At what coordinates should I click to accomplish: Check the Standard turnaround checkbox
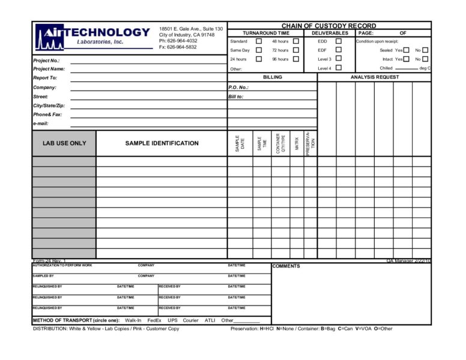(259, 41)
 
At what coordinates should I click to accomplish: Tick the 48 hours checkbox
(296, 41)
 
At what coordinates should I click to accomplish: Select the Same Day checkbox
(259, 50)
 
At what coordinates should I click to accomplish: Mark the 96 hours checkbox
(296, 59)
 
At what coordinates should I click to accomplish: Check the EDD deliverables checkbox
(339, 41)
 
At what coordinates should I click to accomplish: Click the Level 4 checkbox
(339, 68)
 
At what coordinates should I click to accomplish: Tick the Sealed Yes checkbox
(407, 50)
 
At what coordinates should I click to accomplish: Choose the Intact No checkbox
(425, 59)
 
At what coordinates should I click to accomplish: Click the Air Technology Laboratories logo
(92, 35)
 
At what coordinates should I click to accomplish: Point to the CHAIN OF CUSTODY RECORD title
(329, 26)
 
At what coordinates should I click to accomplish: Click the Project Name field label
(49, 69)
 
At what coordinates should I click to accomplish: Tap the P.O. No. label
(238, 88)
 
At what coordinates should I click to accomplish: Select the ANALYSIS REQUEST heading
(374, 77)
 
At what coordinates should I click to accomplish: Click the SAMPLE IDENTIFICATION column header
(162, 143)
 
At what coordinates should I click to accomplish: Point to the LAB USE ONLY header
(64, 143)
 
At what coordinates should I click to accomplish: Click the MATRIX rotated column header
(297, 143)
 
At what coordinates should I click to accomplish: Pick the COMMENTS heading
(286, 266)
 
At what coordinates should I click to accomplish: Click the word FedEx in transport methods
(154, 320)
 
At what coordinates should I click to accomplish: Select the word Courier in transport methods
(190, 320)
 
